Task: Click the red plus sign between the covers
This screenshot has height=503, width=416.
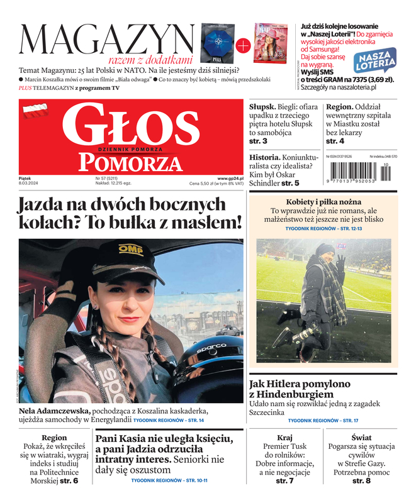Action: [x=242, y=44]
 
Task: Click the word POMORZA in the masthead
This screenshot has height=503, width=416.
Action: [x=124, y=163]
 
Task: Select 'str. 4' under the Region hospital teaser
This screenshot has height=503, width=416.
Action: [x=335, y=142]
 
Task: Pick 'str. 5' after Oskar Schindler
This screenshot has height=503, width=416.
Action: [x=290, y=183]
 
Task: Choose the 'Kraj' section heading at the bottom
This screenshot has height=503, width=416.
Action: [x=284, y=438]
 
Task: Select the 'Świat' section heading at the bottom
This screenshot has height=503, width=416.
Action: [x=361, y=438]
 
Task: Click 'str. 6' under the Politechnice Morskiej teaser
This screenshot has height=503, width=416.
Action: [x=67, y=481]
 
